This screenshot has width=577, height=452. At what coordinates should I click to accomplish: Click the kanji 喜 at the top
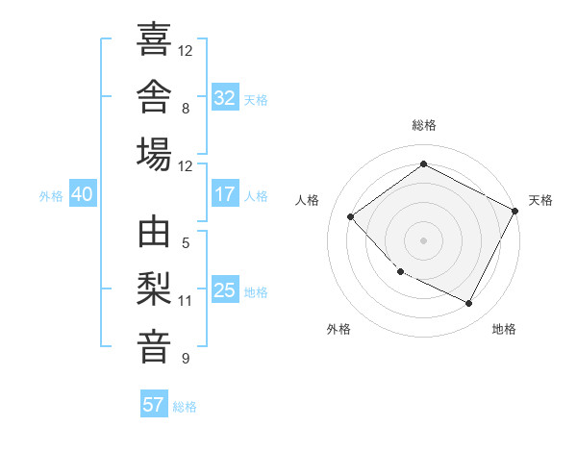coord(154,38)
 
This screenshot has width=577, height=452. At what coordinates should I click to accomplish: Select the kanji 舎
coord(154,96)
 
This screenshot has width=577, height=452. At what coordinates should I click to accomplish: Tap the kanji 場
coord(154,154)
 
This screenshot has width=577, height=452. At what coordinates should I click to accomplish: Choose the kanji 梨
coord(154,289)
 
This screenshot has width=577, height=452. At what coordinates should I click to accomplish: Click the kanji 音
coord(154,347)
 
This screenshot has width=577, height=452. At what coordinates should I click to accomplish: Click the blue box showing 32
coord(225,97)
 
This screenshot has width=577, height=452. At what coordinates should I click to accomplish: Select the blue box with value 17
coord(225,193)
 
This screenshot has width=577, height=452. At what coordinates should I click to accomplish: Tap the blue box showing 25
coord(225,289)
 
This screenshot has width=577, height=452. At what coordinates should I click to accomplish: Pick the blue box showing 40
coord(83,193)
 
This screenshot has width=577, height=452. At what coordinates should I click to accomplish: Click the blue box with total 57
coord(154,403)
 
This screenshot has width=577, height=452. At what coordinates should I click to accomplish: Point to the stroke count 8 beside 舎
coord(186,109)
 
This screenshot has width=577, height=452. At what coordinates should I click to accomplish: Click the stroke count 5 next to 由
coord(186,243)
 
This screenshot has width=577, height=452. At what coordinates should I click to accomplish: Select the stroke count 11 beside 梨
coord(185,301)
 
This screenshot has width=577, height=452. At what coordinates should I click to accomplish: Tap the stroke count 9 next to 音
coord(186,359)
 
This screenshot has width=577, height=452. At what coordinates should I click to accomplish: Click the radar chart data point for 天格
coord(514,211)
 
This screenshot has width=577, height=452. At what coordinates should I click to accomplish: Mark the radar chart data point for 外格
coord(401,271)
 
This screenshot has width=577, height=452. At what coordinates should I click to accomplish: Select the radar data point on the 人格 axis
coord(351,216)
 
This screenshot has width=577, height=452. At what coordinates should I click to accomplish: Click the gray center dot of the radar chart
coord(423,240)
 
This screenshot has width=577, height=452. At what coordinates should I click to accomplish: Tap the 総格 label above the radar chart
coord(424,125)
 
